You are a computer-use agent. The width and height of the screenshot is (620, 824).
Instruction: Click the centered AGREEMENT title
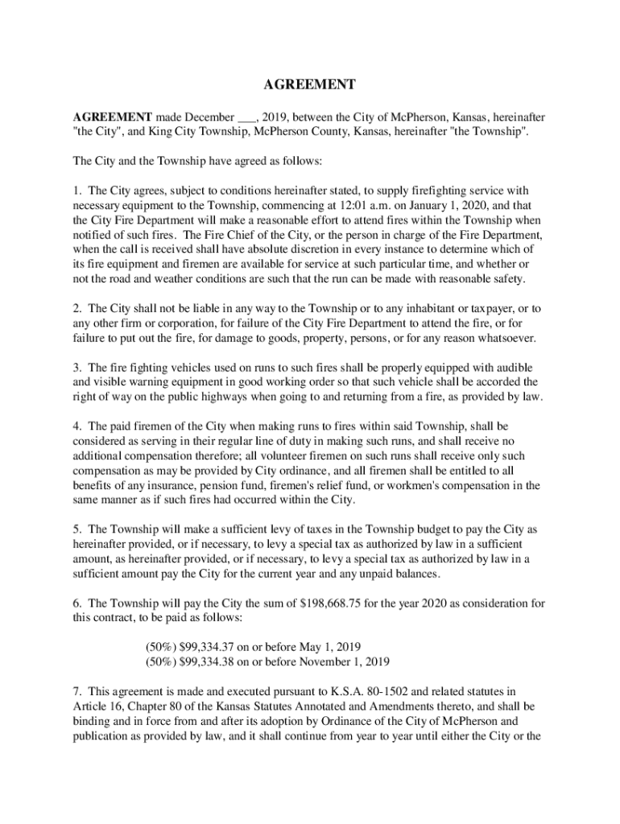pyautogui.click(x=310, y=84)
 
